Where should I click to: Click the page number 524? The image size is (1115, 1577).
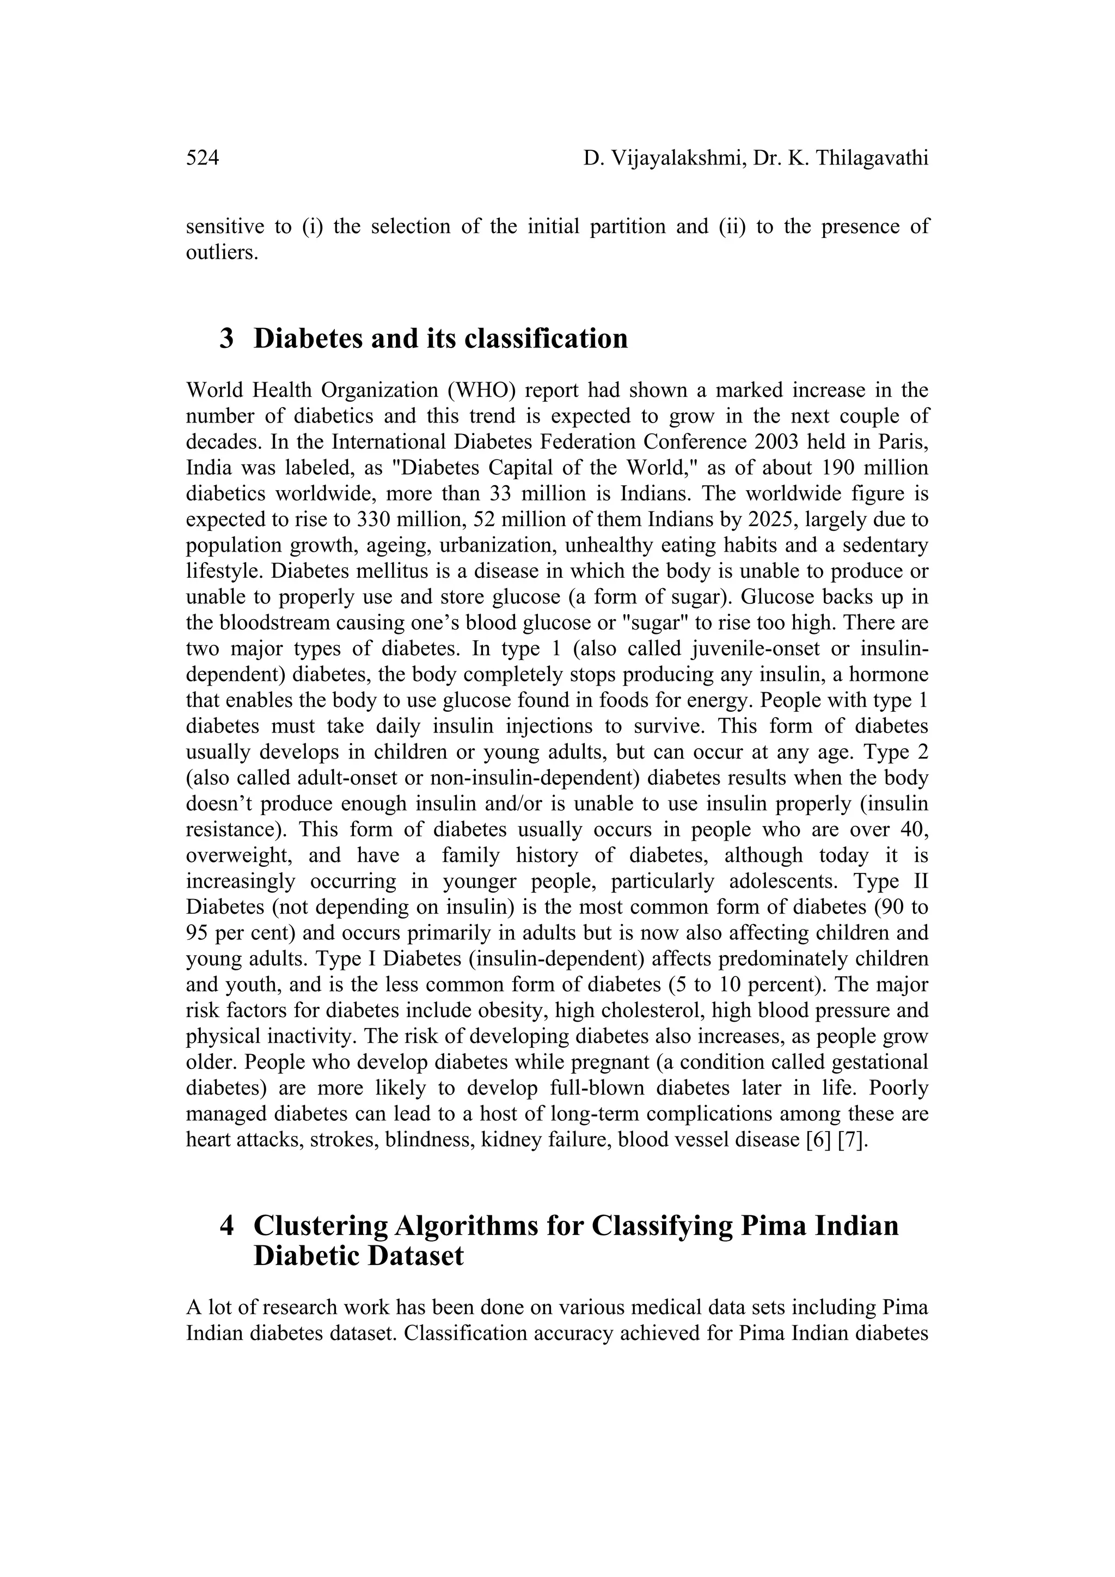tap(203, 158)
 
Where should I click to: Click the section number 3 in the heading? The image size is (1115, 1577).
tap(226, 339)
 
